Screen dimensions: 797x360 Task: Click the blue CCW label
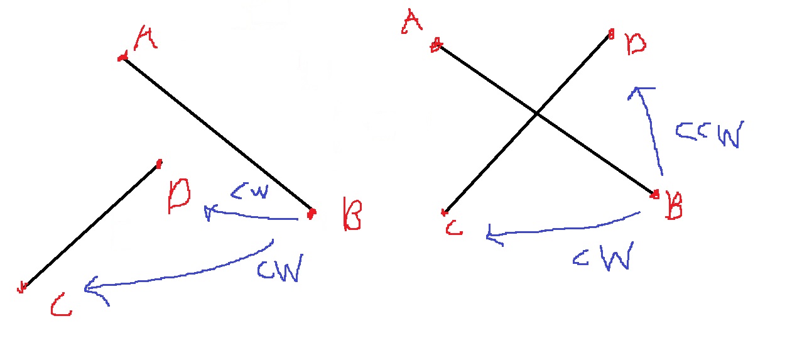pos(708,134)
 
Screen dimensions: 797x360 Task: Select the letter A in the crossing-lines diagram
pos(411,23)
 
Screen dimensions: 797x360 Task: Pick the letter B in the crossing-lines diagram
pos(674,207)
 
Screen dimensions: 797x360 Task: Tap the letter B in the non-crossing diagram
pos(352,214)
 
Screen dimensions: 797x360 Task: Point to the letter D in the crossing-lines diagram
pos(636,45)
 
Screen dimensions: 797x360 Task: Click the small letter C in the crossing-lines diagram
pos(454,228)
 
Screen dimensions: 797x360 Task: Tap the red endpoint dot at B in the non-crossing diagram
pos(310,214)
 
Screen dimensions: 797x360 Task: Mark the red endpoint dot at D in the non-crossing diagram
pos(159,164)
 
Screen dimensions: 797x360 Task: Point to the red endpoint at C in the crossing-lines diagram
pos(444,212)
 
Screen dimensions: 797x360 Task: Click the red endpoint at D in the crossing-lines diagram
pos(611,35)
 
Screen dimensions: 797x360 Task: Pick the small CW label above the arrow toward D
pos(249,191)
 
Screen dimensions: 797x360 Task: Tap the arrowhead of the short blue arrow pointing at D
pos(208,213)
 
